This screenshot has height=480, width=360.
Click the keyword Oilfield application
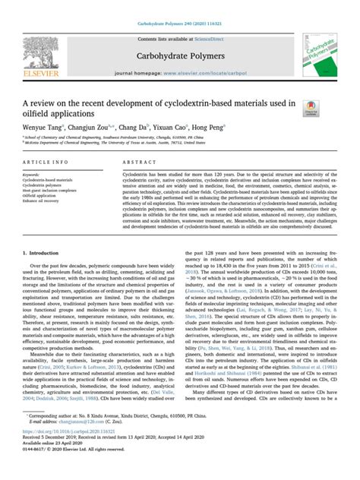coord(51,194)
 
